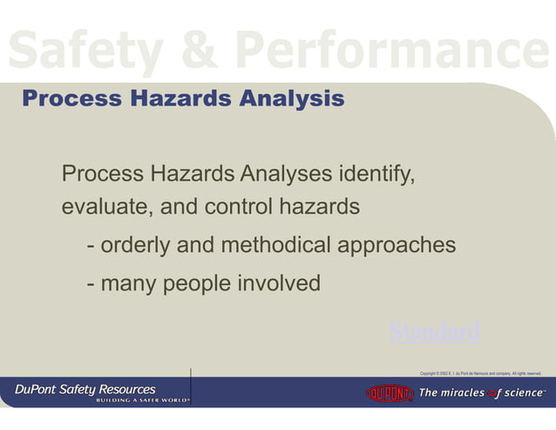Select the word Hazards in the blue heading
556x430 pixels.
(180, 99)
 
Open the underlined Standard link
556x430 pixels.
(434, 332)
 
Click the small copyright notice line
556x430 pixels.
(480, 373)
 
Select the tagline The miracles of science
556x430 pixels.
(482, 393)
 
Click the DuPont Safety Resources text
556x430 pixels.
(85, 388)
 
